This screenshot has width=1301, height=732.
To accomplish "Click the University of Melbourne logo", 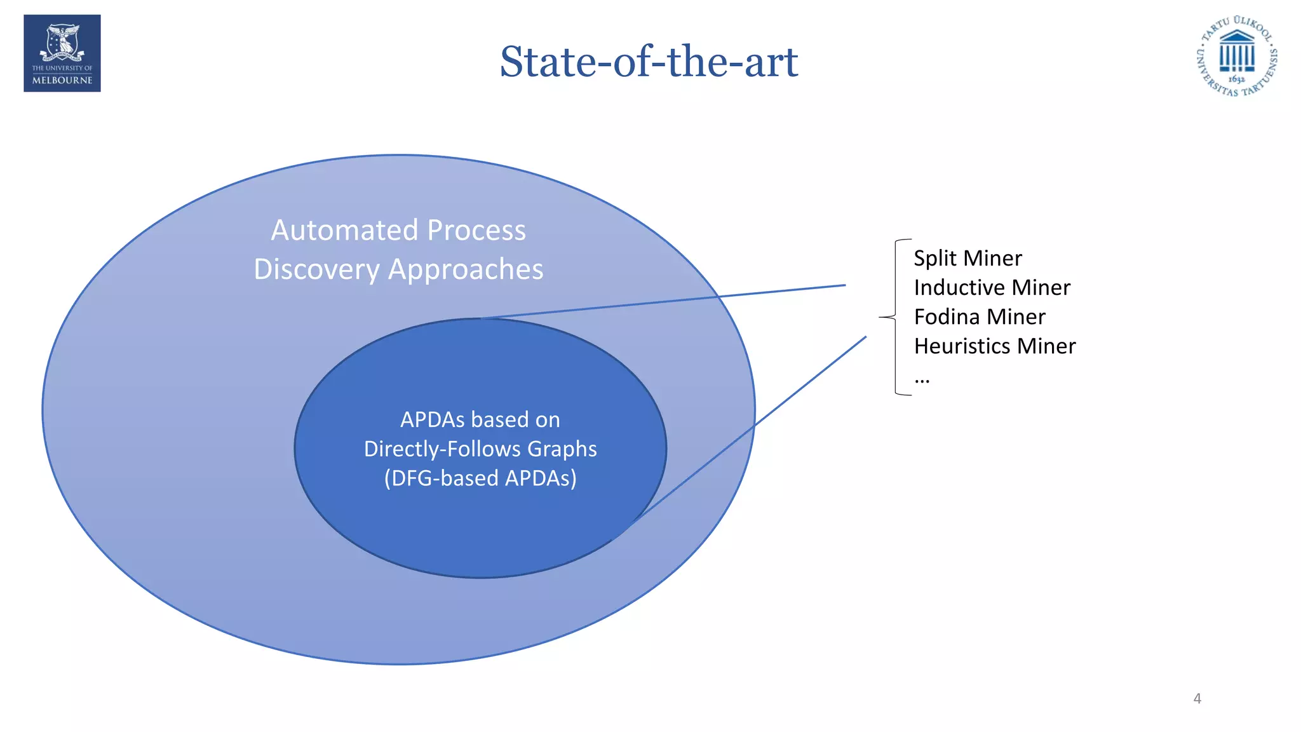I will tap(62, 53).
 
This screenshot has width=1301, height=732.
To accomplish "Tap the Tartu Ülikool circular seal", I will tap(1236, 56).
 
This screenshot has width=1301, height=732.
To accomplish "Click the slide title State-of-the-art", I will tap(649, 62).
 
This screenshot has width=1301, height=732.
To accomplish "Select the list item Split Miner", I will tap(967, 258).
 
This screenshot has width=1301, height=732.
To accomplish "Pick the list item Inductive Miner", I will tap(992, 287).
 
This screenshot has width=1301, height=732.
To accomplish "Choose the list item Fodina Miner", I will tap(979, 316).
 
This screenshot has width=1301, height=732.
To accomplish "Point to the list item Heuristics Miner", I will tap(994, 346).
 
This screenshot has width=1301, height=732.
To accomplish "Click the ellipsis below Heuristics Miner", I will tap(922, 379).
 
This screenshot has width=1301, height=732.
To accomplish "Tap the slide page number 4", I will tap(1197, 698).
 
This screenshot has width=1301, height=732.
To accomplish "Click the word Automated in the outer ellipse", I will tap(344, 230).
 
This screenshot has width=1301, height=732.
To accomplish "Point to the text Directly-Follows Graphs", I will tap(480, 449).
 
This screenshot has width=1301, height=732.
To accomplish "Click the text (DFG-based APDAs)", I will tap(480, 478).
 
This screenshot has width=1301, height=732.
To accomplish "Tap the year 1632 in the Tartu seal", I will tap(1236, 79).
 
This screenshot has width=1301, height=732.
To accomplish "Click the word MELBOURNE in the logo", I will tap(62, 81).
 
